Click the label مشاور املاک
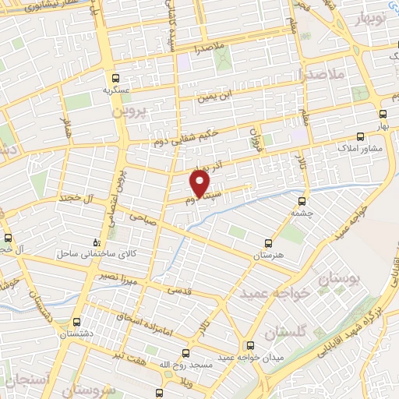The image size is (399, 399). [x=357, y=147]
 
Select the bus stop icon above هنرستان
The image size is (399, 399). [x=270, y=243]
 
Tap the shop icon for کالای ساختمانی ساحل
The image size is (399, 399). [x=96, y=242]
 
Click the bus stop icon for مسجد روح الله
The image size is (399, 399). [x=185, y=352]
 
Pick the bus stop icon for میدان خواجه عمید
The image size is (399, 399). [x=249, y=344]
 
